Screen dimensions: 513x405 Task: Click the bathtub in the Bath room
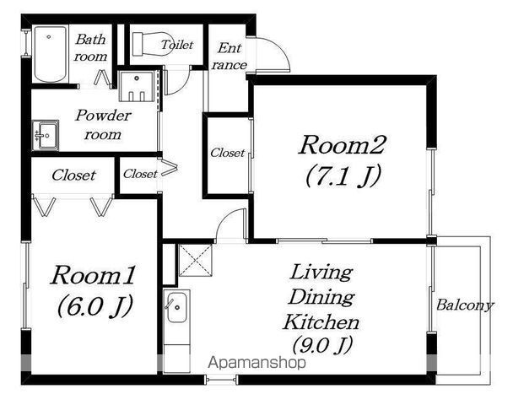click(51, 54)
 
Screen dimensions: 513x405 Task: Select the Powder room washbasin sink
click(46, 136)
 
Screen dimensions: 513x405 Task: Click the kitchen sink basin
click(177, 307)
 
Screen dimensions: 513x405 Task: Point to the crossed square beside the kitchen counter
click(195, 260)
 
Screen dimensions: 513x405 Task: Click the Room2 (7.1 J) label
click(343, 161)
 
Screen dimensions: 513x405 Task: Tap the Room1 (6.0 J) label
click(94, 291)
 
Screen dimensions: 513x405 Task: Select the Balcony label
click(465, 305)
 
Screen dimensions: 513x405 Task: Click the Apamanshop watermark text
click(256, 363)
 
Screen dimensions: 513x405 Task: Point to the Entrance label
click(229, 57)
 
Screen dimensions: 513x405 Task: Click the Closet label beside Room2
click(227, 153)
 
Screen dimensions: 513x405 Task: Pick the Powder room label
click(103, 124)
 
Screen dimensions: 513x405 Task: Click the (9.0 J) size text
click(322, 345)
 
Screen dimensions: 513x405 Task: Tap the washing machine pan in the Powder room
click(136, 86)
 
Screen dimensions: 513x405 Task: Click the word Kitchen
click(321, 321)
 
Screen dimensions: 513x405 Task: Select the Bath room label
click(90, 48)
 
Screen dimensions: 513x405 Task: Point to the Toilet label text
click(177, 45)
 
